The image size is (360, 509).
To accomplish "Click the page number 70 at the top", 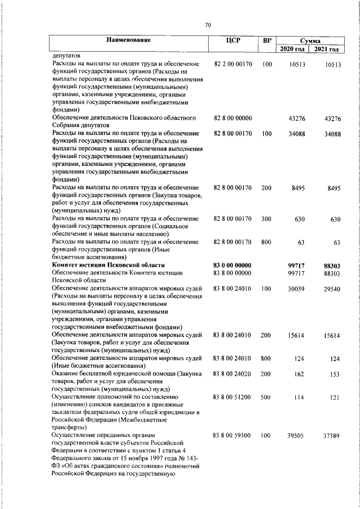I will (x=208, y=25).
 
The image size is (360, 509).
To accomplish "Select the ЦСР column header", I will (x=232, y=41).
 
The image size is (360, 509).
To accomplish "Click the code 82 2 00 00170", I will (x=232, y=65).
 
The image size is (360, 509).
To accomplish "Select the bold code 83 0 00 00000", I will (x=232, y=265).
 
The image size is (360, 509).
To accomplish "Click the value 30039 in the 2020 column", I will (x=296, y=289).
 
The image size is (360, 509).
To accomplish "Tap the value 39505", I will (x=296, y=436).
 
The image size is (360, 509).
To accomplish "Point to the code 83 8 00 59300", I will (x=232, y=436).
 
